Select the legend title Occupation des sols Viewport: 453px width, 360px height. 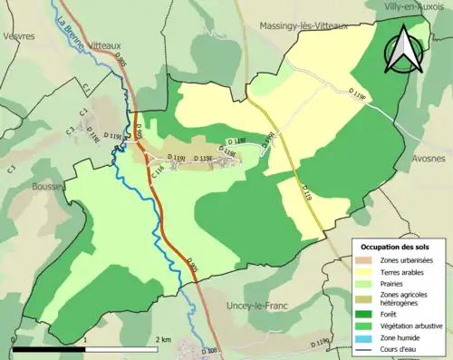click(395, 247)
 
